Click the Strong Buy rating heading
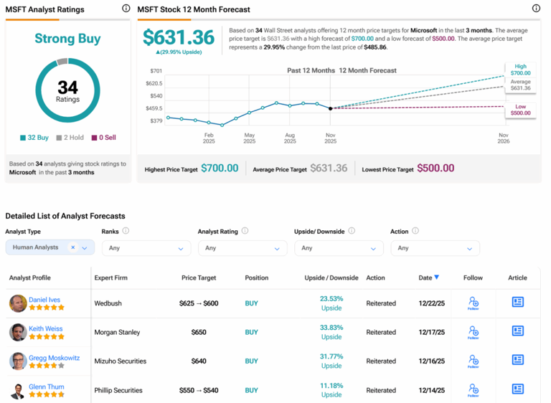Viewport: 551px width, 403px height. [67, 39]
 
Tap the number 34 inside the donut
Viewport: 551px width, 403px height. [67, 87]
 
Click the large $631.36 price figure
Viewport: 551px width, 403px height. [179, 37]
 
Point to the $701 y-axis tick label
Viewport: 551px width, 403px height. [156, 71]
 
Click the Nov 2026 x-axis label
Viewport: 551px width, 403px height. [503, 138]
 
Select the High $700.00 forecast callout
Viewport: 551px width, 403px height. [520, 70]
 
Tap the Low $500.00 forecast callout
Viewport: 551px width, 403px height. [520, 109]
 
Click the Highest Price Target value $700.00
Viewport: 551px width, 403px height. [220, 169]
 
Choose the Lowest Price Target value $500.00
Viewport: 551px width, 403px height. [435, 169]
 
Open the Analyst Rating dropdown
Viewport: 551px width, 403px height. [242, 248]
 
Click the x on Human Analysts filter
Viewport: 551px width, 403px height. [72, 247]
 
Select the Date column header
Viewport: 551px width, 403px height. [428, 278]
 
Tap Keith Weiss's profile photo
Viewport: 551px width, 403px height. [18, 332]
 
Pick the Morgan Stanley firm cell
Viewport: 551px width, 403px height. [117, 332]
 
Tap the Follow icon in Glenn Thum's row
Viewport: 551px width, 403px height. [473, 390]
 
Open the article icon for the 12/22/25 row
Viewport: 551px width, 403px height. [517, 303]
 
